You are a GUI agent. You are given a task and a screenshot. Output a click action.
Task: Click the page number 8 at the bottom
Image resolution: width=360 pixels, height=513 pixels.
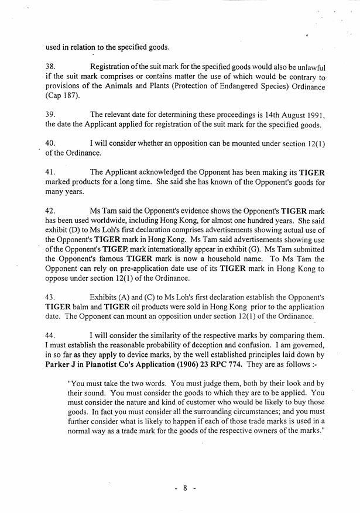coord(184,488)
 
